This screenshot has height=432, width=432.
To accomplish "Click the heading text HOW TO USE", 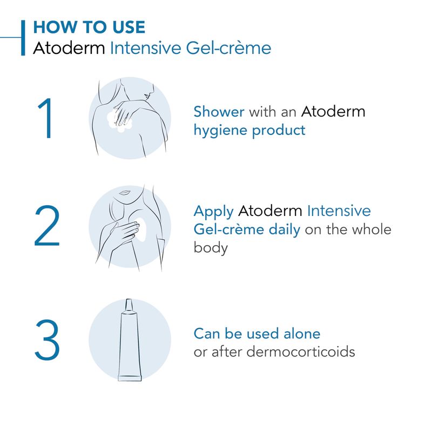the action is pos(89,27).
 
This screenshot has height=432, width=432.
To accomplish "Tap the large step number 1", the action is pos(46,118).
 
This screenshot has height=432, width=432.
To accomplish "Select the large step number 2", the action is pos(47,226).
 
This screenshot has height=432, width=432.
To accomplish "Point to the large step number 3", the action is pos(47,340).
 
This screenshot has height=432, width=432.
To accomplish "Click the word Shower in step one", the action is pos(219,112).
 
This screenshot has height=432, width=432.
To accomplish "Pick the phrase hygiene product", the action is pos(249,130).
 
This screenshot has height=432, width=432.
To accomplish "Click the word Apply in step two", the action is pos(213,212).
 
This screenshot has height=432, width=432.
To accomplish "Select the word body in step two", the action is pos(211,248).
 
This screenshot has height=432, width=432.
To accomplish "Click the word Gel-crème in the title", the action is pos(228,48).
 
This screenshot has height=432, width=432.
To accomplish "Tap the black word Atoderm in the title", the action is pos(69,48).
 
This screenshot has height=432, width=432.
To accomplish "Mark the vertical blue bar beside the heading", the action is pos(23,38).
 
